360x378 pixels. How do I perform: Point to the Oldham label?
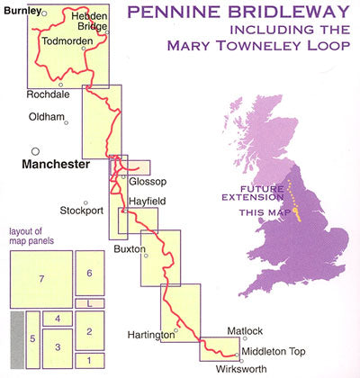(x=48, y=118)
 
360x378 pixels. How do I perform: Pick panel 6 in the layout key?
(x=89, y=273)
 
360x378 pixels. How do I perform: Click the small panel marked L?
(x=89, y=303)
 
